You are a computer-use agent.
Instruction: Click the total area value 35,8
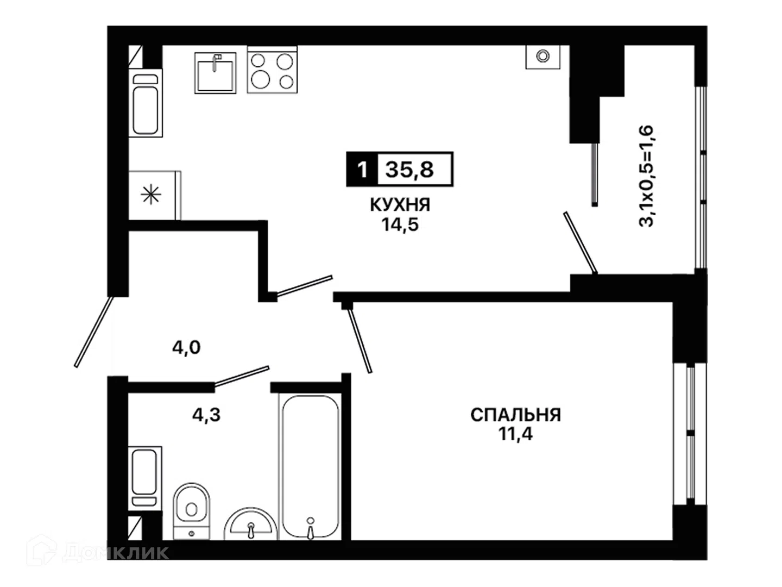click(x=409, y=169)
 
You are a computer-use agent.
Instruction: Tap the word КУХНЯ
click(x=400, y=205)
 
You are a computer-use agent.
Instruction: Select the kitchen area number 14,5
click(x=400, y=224)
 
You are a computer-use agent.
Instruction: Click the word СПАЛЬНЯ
click(x=515, y=415)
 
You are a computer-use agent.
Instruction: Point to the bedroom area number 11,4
click(x=515, y=434)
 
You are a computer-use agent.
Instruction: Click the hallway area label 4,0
click(x=186, y=347)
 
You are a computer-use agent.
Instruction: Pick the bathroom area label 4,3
click(x=206, y=415)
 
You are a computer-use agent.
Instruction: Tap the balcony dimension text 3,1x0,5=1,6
click(x=646, y=176)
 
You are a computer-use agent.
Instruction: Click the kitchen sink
click(x=215, y=73)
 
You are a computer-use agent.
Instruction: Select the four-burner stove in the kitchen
click(x=272, y=70)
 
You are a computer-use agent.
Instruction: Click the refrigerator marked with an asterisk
click(x=155, y=195)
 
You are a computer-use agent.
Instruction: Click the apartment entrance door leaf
click(x=94, y=332)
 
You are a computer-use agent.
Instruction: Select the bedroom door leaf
click(x=360, y=341)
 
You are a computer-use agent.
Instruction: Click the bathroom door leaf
click(x=242, y=376)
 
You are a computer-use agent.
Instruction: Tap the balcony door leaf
click(x=581, y=243)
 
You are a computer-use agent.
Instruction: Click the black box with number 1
click(x=362, y=169)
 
